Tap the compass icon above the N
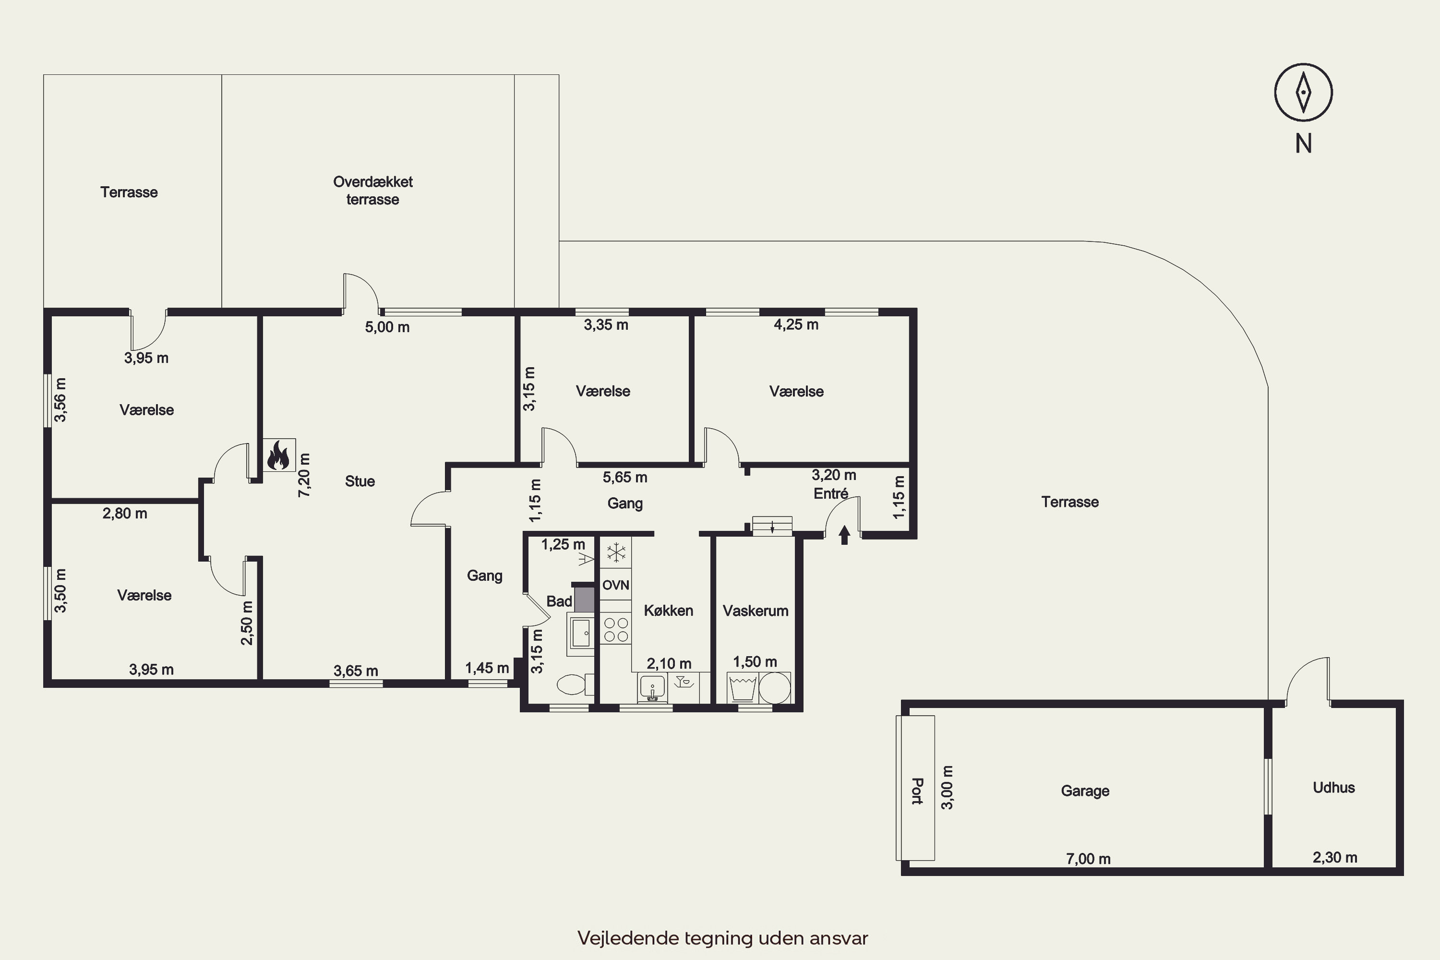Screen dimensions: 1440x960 [1304, 93]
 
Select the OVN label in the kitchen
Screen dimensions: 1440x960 [615, 585]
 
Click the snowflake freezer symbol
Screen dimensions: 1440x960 [616, 553]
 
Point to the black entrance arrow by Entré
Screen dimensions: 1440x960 [845, 535]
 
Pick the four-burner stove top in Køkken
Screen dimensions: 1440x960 [616, 629]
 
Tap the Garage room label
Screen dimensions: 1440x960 [1085, 791]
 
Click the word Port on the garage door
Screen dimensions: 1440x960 [916, 791]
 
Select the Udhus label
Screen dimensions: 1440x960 [1333, 787]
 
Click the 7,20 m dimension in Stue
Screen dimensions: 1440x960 [304, 475]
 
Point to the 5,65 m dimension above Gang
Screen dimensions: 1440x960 [624, 477]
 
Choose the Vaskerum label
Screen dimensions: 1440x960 [756, 611]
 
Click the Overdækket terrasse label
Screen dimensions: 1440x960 [373, 191]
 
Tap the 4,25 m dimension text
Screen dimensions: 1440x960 [796, 324]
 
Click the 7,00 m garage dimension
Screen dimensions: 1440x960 [1088, 859]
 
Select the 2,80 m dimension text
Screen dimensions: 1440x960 [125, 514]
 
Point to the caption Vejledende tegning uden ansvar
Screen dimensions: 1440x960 [722, 938]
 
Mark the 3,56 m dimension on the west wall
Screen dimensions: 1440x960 [60, 400]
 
